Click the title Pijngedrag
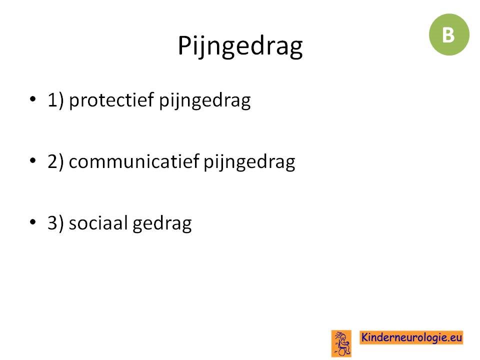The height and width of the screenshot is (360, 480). coord(240,46)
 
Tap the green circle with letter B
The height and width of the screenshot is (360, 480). coord(449,34)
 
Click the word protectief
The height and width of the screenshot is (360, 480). coord(111,100)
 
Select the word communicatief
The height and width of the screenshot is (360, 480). coord(134,161)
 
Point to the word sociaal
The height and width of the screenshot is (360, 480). coord(98,222)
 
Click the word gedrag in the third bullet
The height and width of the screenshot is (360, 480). coord(162,224)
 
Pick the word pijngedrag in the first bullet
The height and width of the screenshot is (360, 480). coord(205,101)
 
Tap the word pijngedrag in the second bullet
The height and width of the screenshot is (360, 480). coord(249,162)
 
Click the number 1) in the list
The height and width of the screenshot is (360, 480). coord(55,100)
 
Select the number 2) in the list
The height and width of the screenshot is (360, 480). coord(55,161)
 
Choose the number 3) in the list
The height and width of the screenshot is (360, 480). coord(55,222)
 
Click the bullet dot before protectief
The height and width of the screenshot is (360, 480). coord(33,99)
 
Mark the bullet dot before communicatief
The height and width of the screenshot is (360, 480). coord(33,160)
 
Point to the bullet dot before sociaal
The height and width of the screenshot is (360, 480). coord(33,221)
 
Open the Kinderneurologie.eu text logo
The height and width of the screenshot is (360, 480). coord(411,337)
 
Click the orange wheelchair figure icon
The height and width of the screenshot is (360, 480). coord(341,343)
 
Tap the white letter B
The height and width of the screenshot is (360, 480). coord(448,35)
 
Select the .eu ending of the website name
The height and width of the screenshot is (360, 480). coord(455,337)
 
